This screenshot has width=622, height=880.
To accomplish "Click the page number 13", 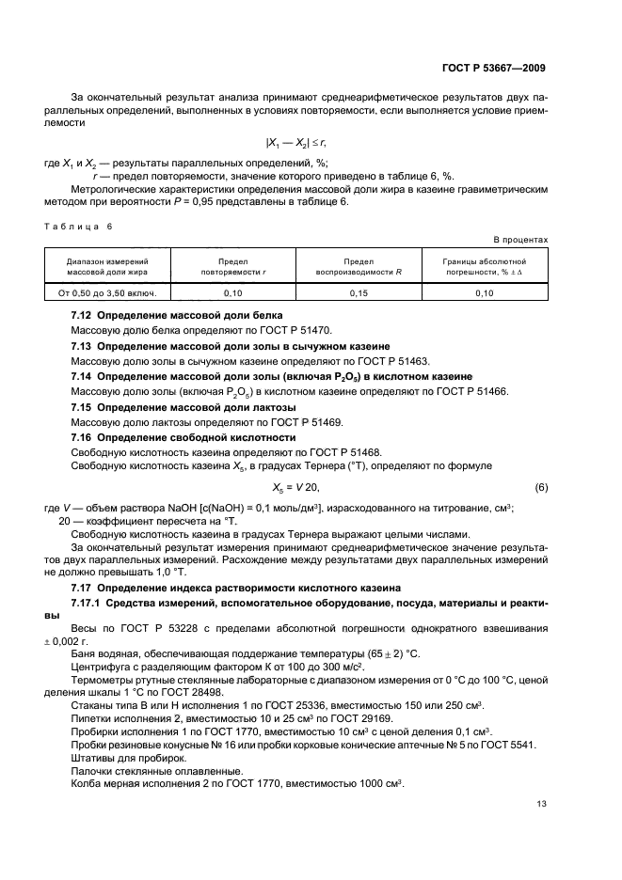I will pos(541,803).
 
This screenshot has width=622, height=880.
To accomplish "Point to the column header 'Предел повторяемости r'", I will pos(231,266).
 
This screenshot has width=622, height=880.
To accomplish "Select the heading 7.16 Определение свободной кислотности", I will pos(183,437).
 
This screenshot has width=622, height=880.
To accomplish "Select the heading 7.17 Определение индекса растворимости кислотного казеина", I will pos(232,587).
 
